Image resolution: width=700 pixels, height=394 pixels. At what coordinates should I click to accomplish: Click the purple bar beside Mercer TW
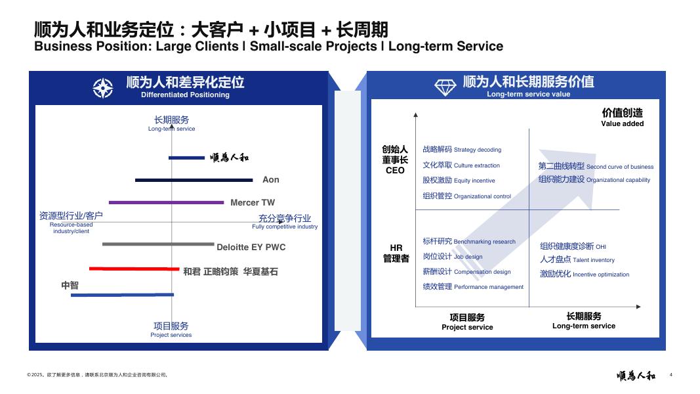(167, 202)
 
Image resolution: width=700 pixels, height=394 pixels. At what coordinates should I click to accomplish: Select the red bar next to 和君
(134, 269)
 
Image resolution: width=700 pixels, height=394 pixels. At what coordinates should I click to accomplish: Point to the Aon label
(270, 179)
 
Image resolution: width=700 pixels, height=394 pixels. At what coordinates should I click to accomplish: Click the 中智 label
(70, 285)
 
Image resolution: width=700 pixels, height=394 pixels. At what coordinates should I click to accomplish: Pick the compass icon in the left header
(103, 87)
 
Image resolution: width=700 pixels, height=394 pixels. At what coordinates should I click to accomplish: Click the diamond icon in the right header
(445, 86)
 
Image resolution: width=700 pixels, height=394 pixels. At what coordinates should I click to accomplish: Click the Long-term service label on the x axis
(583, 326)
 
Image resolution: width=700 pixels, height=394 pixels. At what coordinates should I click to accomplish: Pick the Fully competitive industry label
(285, 227)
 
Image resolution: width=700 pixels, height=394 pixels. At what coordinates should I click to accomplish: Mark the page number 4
(670, 375)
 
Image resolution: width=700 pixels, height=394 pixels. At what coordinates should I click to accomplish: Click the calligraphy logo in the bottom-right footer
(636, 376)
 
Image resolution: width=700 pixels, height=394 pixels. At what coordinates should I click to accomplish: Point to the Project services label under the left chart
(171, 335)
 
